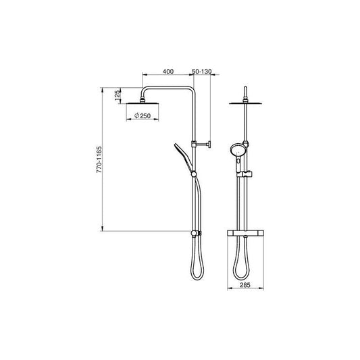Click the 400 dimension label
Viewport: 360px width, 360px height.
click(168, 72)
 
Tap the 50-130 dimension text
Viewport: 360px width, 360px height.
click(201, 72)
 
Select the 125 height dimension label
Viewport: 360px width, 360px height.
click(118, 95)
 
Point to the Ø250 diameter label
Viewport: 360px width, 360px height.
click(143, 115)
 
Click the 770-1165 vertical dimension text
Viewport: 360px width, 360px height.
click(99, 159)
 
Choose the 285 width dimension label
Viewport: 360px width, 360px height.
click(245, 285)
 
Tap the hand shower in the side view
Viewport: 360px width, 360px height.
click(184, 157)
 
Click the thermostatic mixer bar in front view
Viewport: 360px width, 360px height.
click(245, 233)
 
